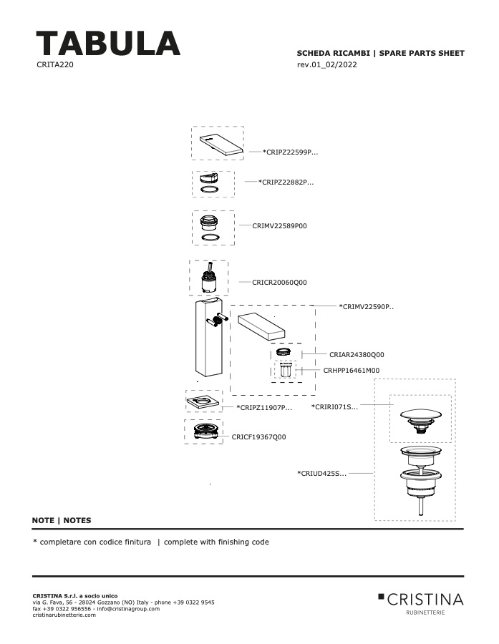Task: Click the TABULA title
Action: click(x=108, y=43)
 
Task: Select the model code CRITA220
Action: click(x=55, y=64)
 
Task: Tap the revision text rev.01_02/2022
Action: click(x=326, y=64)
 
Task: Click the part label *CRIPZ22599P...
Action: click(x=290, y=152)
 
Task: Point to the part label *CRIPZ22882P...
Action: click(x=286, y=182)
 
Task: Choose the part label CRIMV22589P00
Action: click(x=279, y=225)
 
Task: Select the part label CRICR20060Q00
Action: click(x=279, y=282)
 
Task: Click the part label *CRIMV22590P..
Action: click(x=366, y=306)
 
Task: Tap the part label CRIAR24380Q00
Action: click(x=357, y=354)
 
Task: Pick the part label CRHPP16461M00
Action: click(x=352, y=370)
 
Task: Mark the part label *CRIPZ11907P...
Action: click(x=264, y=407)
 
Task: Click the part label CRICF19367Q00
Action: click(x=258, y=437)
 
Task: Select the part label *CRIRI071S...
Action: click(x=334, y=406)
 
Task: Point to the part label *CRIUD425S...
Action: click(x=322, y=473)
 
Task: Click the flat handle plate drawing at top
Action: click(x=221, y=145)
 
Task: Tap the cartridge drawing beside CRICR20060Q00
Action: click(x=209, y=278)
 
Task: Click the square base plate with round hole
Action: click(x=203, y=401)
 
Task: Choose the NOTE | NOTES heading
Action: click(x=62, y=520)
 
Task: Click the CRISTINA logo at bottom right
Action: click(x=420, y=603)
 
